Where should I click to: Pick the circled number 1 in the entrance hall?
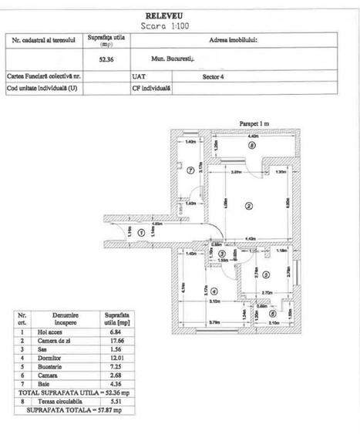tap(141, 231)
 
